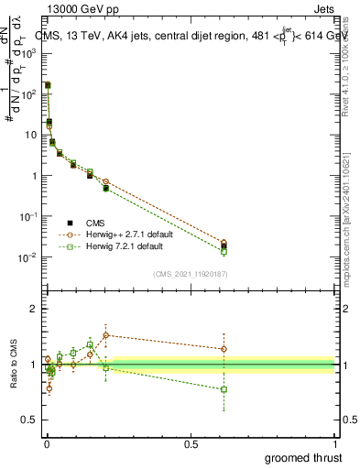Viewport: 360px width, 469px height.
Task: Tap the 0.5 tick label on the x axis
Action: [x=191, y=444]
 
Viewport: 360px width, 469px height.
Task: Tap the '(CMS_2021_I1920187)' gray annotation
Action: [x=190, y=274]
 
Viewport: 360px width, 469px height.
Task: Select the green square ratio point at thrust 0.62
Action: [x=224, y=389]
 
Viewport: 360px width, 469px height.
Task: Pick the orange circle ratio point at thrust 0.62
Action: [x=224, y=348]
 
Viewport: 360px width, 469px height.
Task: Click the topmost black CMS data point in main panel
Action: [x=48, y=85]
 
